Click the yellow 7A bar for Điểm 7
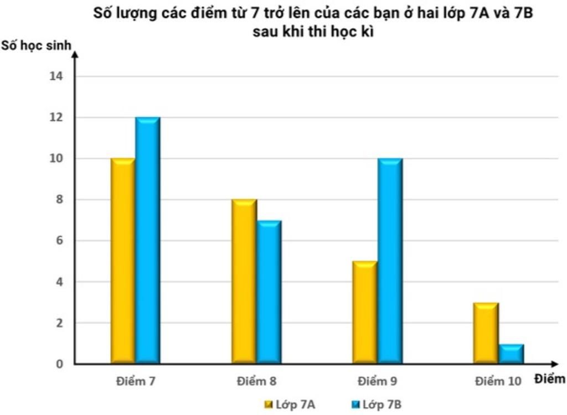point(123,261)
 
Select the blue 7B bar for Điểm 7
point(148,240)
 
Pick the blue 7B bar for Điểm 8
point(269,292)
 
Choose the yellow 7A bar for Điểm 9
point(365,312)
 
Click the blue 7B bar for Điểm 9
point(390,261)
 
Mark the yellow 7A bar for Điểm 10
point(486,333)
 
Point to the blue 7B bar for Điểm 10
point(511,354)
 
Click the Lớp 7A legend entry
point(290,405)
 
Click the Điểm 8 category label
point(256,381)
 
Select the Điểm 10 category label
point(498,381)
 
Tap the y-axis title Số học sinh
point(36,45)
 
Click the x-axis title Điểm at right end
point(550,379)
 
